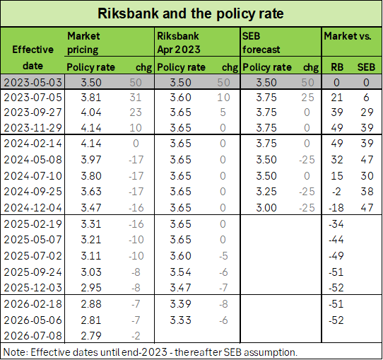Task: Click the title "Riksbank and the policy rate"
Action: (x=191, y=13)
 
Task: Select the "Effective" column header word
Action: (x=33, y=50)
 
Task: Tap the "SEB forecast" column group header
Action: (x=261, y=42)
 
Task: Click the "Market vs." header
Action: (x=348, y=36)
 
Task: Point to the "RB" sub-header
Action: (x=337, y=67)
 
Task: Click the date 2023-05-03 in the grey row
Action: (x=33, y=82)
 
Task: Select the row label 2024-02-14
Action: (x=33, y=143)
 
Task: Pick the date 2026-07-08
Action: (x=33, y=335)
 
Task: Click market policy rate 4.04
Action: (x=91, y=112)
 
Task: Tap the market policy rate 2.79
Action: (x=91, y=335)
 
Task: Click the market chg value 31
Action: (x=136, y=98)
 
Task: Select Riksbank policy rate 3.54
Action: (x=180, y=272)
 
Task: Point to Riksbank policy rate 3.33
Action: (x=180, y=320)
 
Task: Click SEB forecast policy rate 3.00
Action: (x=266, y=208)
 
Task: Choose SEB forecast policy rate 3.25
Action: (x=266, y=192)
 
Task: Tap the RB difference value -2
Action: (x=336, y=192)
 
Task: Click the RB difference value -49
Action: (x=336, y=256)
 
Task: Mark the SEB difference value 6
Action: (x=366, y=98)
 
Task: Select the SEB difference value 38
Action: (x=367, y=192)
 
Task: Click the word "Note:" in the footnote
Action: (x=16, y=352)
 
